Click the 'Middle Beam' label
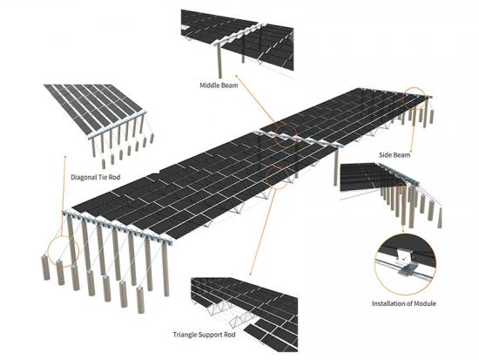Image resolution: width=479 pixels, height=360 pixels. (x=219, y=85)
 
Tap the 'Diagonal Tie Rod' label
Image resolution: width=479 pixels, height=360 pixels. (x=95, y=177)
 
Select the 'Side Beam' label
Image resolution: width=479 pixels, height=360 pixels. (x=395, y=155)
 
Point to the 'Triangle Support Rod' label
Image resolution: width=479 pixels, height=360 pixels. (x=204, y=335)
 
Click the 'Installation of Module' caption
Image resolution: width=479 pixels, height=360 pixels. (x=404, y=303)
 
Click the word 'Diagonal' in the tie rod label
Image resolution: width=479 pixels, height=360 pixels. (x=83, y=177)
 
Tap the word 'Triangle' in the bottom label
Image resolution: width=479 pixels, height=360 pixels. (x=185, y=335)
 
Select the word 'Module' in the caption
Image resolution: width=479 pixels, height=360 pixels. (x=425, y=303)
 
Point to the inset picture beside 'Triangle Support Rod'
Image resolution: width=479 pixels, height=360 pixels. (x=244, y=315)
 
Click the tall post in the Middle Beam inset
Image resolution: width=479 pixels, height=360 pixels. (x=219, y=63)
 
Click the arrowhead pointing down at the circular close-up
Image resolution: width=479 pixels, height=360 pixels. (x=402, y=230)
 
